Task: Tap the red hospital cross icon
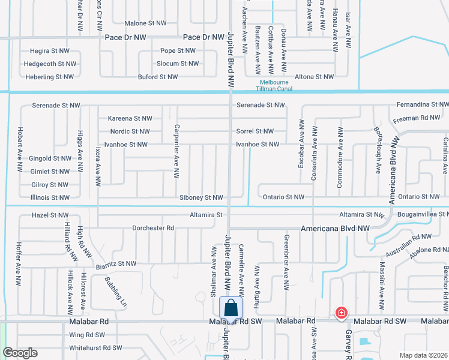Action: point(341,313)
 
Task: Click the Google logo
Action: point(20,353)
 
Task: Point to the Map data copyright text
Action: point(423,355)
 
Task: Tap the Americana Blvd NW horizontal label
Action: point(335,229)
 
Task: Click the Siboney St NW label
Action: point(201,197)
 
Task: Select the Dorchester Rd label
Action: point(153,228)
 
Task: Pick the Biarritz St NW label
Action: point(116,263)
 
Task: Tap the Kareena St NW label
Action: point(130,118)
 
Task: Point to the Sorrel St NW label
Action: point(255,131)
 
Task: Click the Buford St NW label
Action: point(158,77)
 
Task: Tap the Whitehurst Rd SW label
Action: point(96,347)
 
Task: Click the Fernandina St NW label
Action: point(422,105)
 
